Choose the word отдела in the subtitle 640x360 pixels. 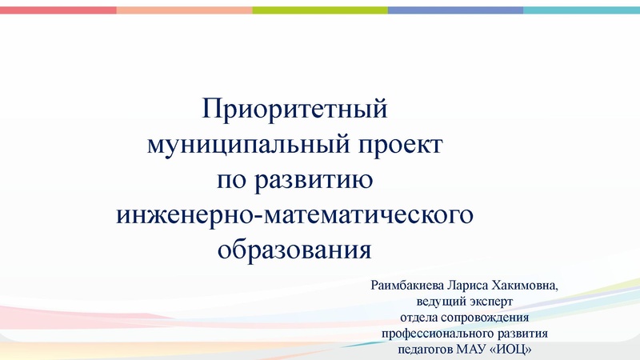418,318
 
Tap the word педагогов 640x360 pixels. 426,350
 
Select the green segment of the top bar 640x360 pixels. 320,10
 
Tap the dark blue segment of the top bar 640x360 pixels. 455,10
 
